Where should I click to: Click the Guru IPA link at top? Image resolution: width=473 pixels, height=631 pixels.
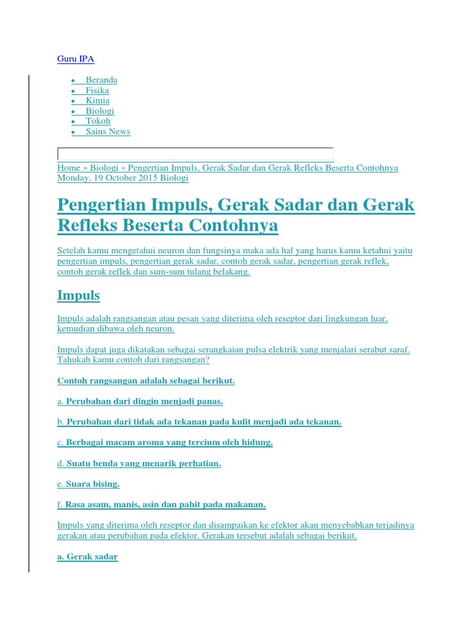coord(76,59)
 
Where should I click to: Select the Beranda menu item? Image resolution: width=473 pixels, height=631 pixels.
coord(101,80)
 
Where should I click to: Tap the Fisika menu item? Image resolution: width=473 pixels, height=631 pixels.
coord(97,91)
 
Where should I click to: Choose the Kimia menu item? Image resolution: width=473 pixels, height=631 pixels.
coord(97,100)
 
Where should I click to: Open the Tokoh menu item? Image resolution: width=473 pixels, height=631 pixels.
coord(98,121)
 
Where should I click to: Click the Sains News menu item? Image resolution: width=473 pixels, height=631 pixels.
coord(108,132)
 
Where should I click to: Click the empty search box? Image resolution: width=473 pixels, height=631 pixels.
coord(195,154)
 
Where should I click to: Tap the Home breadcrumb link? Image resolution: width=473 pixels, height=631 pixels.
coord(68,168)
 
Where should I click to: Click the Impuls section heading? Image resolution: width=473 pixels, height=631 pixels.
coord(78,295)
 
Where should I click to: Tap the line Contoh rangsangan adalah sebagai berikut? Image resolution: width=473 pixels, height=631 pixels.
coord(146,381)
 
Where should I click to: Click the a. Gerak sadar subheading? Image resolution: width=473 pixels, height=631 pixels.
coord(87,557)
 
